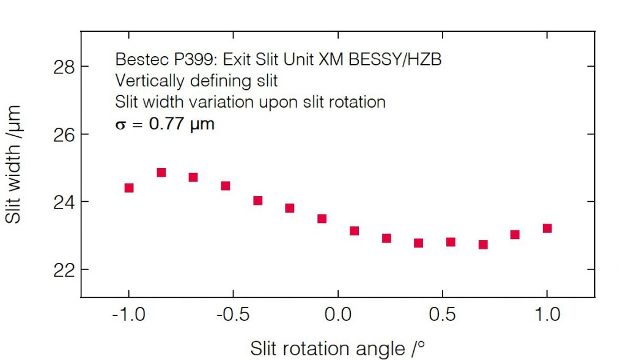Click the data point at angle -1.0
click(129, 188)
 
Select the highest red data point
click(161, 172)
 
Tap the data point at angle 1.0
click(547, 228)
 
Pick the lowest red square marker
click(483, 244)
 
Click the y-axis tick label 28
click(62, 67)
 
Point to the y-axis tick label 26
click(62, 134)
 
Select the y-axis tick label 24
click(62, 202)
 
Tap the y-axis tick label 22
click(62, 270)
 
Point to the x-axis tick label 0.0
click(338, 315)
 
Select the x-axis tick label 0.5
click(443, 315)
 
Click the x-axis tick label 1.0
click(547, 315)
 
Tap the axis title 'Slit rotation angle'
click(337, 349)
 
